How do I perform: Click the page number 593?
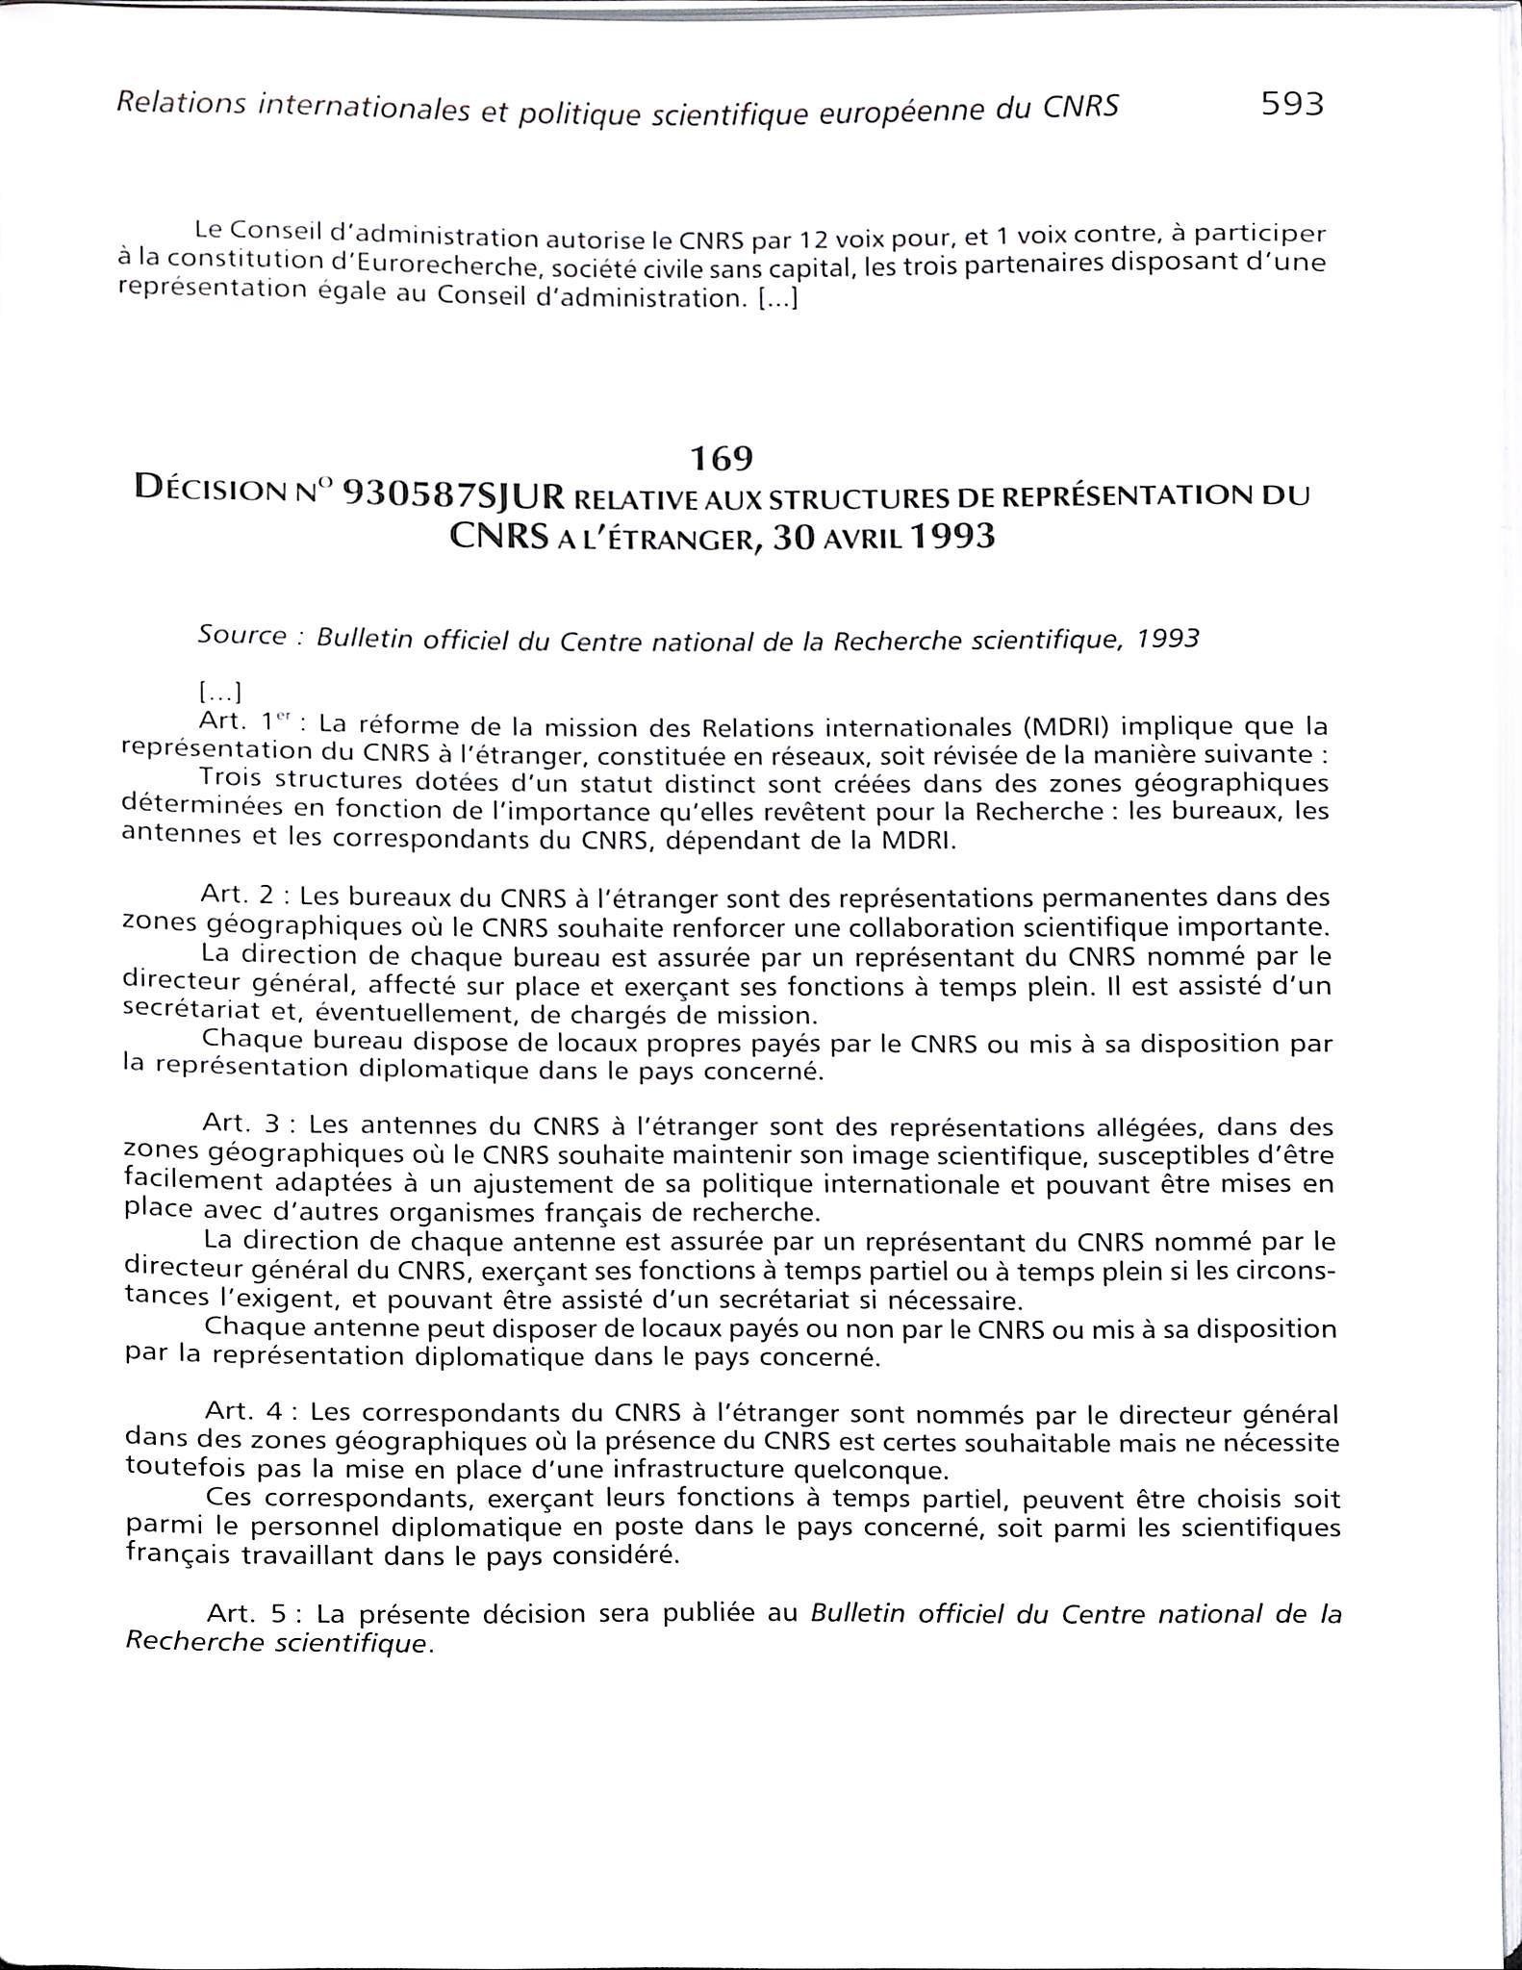click(1292, 103)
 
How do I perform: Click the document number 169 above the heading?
click(722, 459)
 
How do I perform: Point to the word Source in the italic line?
click(241, 635)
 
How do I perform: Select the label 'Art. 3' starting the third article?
click(240, 1123)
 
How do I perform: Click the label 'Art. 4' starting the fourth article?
click(242, 1412)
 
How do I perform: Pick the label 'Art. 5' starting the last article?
click(244, 1612)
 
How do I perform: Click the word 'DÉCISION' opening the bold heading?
click(216, 490)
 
